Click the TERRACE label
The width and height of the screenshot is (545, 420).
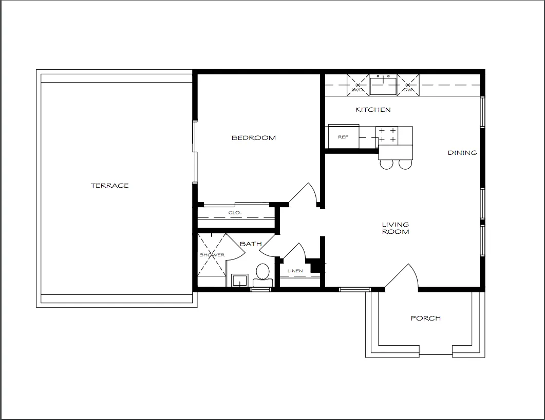109,185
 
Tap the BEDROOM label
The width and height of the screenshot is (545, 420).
253,138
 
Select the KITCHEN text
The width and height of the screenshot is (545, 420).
372,110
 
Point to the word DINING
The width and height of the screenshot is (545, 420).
462,153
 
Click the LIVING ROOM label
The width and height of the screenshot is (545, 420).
396,228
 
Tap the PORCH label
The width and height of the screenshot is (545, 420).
425,318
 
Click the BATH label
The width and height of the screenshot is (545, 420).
251,244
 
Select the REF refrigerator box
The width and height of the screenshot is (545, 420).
344,136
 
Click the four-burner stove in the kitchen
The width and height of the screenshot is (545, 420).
387,135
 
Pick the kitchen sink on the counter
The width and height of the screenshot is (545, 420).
383,86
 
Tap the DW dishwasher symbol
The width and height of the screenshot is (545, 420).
408,85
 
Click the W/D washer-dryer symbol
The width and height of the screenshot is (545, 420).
358,85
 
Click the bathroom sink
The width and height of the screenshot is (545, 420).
239,280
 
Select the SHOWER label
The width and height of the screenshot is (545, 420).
212,255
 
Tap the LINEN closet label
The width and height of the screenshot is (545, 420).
295,271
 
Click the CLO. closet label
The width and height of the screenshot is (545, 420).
235,212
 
